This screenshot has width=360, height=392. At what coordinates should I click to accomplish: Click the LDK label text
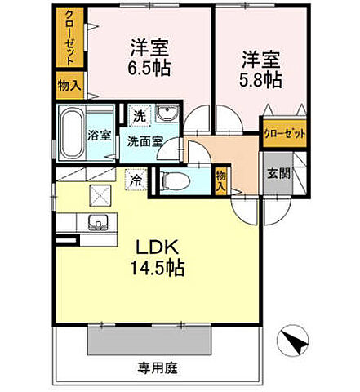point(153,247)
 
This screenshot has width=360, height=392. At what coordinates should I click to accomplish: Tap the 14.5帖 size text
point(153,268)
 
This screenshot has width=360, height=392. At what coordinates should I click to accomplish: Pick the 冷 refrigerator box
point(135,176)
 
